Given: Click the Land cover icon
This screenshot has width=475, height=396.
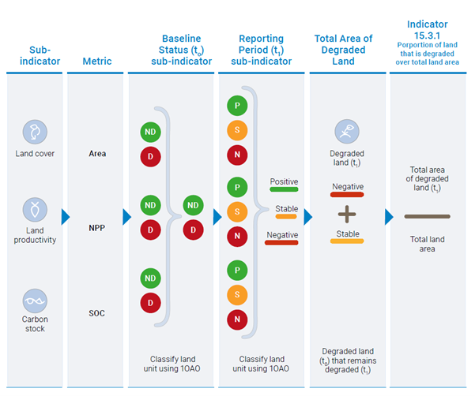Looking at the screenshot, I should click(35, 131).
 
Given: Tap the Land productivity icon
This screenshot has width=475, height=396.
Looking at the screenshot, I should click(35, 210).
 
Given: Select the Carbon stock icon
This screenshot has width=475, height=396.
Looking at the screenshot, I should click(35, 301).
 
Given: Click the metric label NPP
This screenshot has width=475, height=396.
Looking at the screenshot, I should click(97, 228).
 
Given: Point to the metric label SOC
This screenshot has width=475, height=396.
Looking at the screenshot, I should click(97, 313).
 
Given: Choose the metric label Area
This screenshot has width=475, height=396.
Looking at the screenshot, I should click(97, 154).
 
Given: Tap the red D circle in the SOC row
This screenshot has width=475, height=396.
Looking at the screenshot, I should click(150, 303).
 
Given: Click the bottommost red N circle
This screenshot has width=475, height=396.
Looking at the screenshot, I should click(236, 319).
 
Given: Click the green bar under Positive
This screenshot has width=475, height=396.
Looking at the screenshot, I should click(284, 190).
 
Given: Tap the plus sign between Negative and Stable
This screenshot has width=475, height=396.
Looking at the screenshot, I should click(347, 214).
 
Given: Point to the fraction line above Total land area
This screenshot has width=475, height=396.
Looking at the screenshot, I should click(427, 216).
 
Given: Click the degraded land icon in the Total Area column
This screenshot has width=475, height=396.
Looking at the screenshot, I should click(346, 130).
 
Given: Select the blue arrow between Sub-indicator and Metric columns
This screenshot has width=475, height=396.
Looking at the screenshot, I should click(66, 217).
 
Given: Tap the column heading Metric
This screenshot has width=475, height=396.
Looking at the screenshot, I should click(97, 62).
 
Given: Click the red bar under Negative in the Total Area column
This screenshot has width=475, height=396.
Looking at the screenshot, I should click(347, 194).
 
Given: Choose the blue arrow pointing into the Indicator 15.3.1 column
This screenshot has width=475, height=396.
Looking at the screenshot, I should click(389, 217).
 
